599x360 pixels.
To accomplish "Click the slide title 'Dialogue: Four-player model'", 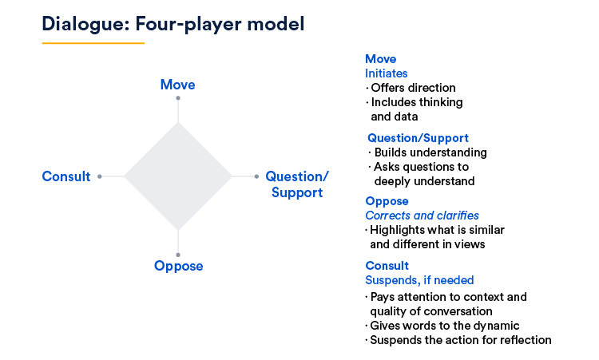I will pos(173,24).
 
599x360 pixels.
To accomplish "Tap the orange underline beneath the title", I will pos(93,43).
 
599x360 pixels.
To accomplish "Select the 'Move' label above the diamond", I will pos(177,85).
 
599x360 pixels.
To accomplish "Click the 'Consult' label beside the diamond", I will pos(66,176).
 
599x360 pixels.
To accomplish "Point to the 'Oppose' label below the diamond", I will pos(178,266).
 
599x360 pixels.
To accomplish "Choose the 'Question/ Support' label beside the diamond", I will pos(297,184).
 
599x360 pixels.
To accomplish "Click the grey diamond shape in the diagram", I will pos(177,176).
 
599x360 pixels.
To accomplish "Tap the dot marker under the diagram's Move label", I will pos(178,98).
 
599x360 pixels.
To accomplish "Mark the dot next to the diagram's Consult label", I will pos(99,176).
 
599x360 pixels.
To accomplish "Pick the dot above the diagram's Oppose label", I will pos(178,255).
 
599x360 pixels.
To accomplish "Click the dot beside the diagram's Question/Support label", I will pos(256,176).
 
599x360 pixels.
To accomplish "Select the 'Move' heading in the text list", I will pos(380,59).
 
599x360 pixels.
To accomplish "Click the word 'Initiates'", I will pos(387,73).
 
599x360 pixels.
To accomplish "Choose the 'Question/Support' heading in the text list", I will pos(418,138).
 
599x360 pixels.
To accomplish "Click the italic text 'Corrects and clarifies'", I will pos(422,216).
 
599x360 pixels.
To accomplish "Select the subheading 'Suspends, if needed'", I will pos(419,280).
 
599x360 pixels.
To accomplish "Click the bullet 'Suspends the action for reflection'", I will pos(461,340).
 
